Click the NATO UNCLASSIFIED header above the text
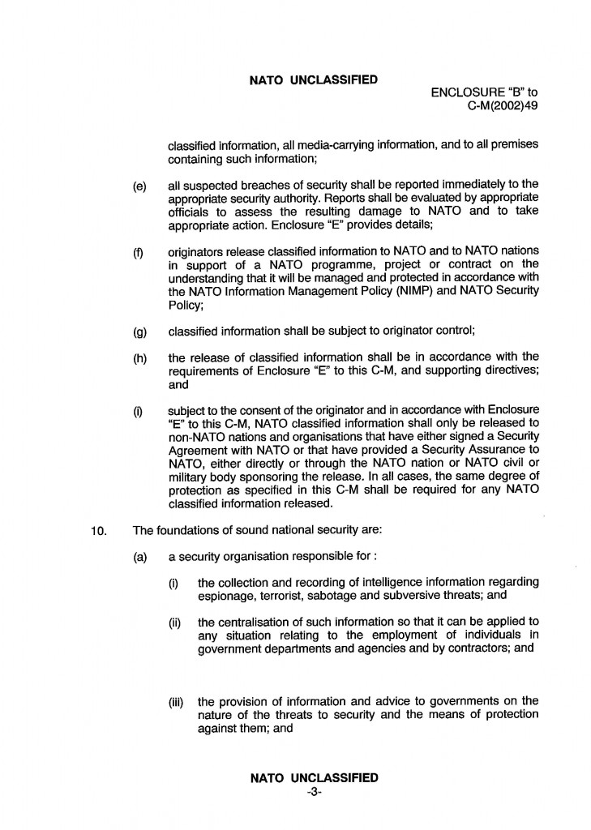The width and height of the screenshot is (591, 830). (314, 79)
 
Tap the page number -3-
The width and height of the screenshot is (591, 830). (315, 793)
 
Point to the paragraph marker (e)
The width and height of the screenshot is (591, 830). (139, 186)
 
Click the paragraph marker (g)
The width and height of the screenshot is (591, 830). (139, 331)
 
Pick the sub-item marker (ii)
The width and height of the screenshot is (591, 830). (175, 622)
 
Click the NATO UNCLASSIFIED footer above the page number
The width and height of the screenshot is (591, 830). (314, 778)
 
